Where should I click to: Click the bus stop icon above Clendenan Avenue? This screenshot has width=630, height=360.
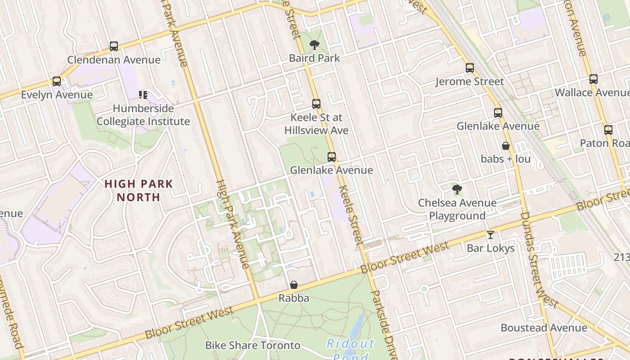[114, 46]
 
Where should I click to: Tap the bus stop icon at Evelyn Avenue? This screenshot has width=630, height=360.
[57, 81]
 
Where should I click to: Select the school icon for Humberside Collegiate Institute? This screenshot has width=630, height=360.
[143, 95]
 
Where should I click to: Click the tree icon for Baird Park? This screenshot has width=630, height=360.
[315, 45]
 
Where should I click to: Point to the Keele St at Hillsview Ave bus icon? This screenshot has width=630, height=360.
[316, 104]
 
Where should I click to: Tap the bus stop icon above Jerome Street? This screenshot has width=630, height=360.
[470, 68]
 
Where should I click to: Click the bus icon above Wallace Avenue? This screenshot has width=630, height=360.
[594, 79]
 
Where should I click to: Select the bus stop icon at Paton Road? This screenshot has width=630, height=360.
[608, 130]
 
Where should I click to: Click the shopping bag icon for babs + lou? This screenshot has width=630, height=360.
[506, 146]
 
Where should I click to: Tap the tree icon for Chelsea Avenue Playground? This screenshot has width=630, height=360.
[457, 189]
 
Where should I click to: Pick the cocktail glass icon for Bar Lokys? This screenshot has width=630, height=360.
[490, 235]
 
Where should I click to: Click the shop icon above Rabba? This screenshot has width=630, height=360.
[294, 285]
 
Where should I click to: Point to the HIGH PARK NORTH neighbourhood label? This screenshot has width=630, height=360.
[139, 190]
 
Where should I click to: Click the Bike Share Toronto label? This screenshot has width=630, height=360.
[252, 345]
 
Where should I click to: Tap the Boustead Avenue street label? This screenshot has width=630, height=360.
[544, 328]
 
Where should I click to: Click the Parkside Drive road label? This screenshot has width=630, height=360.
[383, 324]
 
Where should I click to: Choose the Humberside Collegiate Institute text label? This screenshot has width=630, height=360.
[143, 115]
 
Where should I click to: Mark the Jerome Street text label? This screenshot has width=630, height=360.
[469, 81]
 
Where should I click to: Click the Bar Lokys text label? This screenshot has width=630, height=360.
[490, 248]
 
